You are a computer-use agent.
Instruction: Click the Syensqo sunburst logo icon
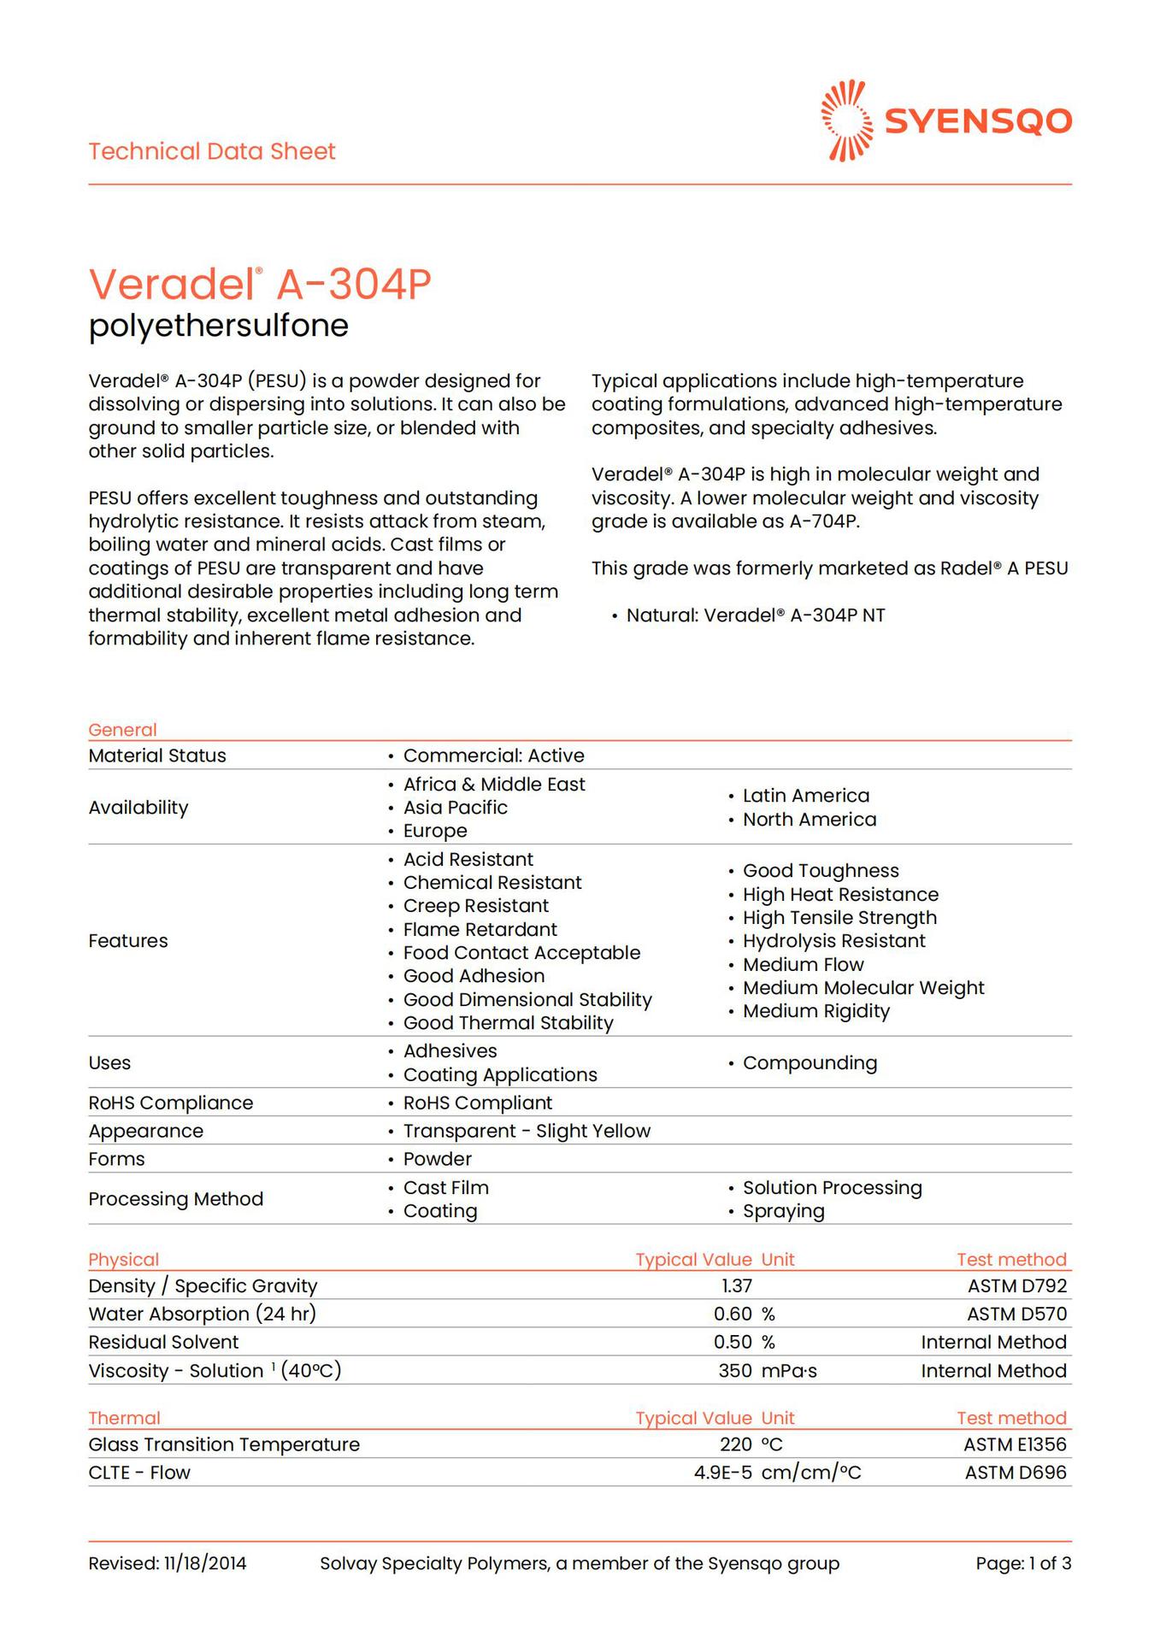coord(846,121)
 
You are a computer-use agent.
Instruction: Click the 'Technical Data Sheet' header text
coord(212,151)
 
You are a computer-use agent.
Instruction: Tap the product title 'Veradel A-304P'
coord(260,284)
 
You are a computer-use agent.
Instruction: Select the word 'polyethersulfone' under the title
coord(219,326)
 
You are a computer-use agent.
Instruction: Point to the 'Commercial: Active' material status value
coord(493,756)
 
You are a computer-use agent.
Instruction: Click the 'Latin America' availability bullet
coord(805,796)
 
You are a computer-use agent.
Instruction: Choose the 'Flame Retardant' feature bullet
coord(480,929)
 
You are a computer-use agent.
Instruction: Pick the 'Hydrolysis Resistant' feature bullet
coord(833,941)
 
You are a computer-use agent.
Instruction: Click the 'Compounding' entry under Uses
coord(810,1063)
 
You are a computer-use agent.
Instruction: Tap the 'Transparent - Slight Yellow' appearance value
coord(527,1131)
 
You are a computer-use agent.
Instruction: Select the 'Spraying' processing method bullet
coord(783,1211)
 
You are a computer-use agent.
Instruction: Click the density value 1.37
coord(737,1285)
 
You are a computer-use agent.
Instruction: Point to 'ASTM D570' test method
coord(1016,1314)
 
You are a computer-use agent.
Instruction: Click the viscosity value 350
coord(735,1371)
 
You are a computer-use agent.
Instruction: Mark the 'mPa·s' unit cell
coord(789,1371)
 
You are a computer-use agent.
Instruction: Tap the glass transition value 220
coord(736,1444)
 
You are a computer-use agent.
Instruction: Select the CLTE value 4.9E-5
coord(723,1473)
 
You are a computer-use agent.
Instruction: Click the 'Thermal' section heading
coord(124,1418)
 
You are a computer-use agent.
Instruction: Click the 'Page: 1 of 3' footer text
coord(1023,1564)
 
